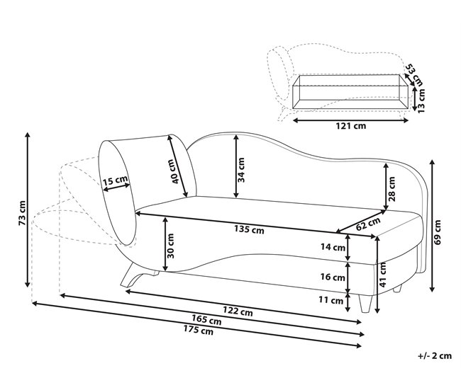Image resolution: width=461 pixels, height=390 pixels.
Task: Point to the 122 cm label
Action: click(236, 311)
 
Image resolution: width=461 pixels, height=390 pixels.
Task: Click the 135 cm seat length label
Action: click(248, 229)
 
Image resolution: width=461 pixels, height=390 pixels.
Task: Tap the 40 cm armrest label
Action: click(174, 170)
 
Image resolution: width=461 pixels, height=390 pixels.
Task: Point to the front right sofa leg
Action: click(365, 303)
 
